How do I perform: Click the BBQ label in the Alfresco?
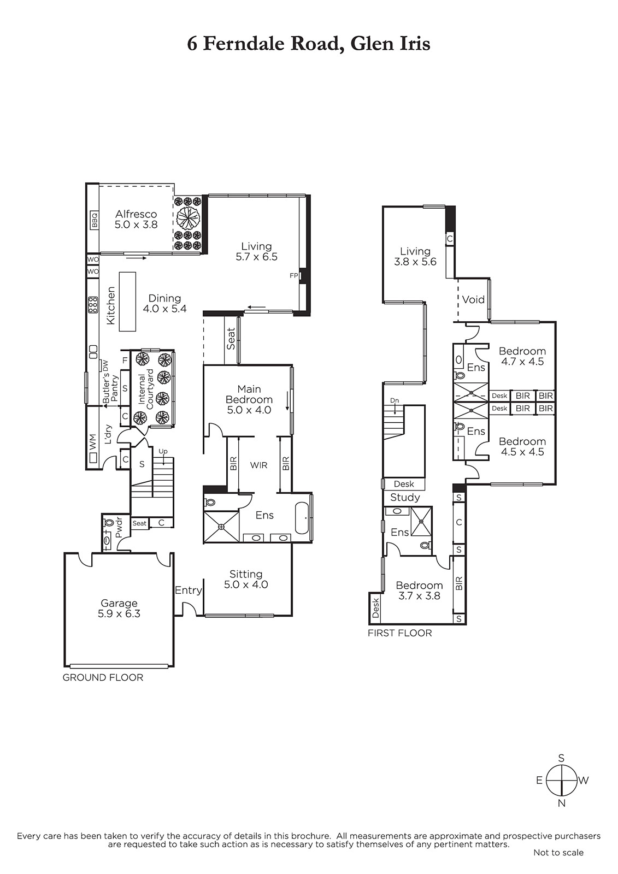click(95, 220)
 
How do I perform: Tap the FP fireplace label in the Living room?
click(294, 275)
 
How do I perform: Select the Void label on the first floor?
click(473, 300)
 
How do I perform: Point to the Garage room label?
click(119, 603)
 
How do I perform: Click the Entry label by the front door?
click(189, 590)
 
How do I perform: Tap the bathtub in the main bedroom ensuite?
click(303, 518)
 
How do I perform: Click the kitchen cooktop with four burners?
click(93, 305)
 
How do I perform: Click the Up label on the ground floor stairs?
click(163, 451)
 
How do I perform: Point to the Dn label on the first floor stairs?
click(395, 401)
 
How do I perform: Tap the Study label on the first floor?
click(405, 498)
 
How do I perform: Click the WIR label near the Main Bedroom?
click(259, 465)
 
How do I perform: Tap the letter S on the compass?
click(561, 758)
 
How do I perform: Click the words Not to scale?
click(558, 864)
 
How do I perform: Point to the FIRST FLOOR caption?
click(400, 633)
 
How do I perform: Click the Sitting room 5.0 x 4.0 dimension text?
click(246, 584)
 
